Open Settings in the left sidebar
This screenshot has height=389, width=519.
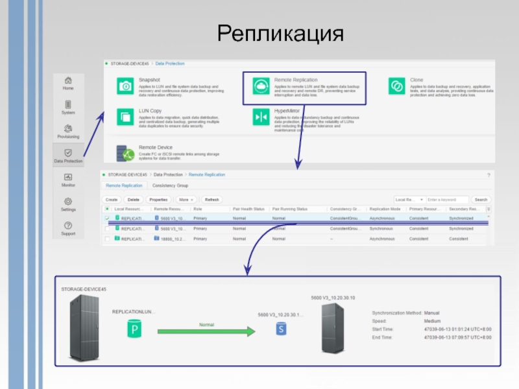[68, 204]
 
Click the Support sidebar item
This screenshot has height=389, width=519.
[68, 228]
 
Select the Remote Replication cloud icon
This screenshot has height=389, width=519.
[261, 86]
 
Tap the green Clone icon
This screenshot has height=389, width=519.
[396, 86]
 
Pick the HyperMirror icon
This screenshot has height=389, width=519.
[261, 117]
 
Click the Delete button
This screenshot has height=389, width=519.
[133, 200]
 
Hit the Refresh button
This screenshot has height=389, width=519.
[211, 200]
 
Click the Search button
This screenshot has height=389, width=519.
[481, 200]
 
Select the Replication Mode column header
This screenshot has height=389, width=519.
[385, 209]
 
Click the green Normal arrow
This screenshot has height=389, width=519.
[207, 331]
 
